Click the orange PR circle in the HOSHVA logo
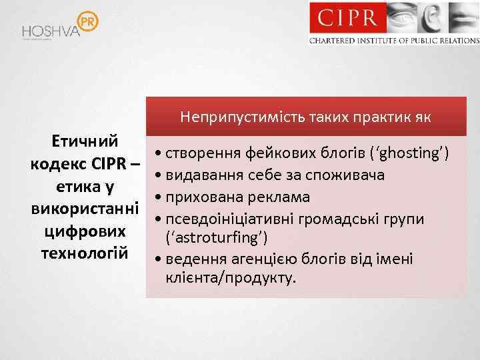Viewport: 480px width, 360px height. [87, 21]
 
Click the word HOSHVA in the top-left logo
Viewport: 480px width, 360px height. [51, 31]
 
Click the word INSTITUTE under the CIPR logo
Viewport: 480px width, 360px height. [374, 41]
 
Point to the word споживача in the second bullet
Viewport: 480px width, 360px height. [347, 176]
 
